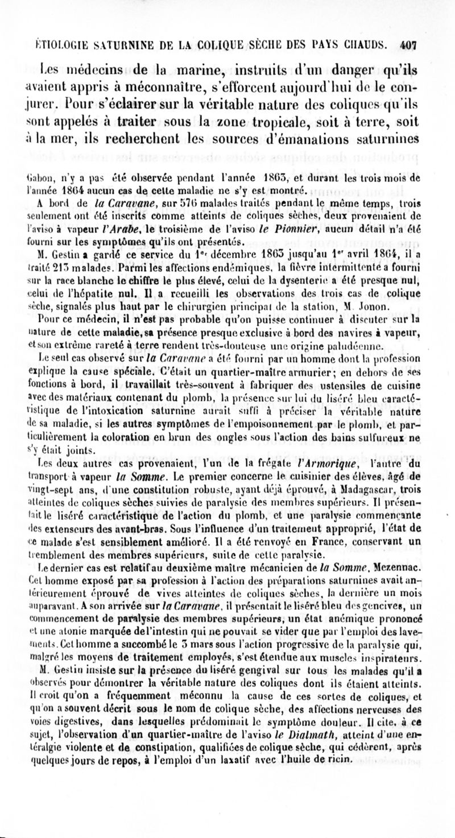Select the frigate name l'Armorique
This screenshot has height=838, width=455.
pyautogui.click(x=336, y=447)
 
